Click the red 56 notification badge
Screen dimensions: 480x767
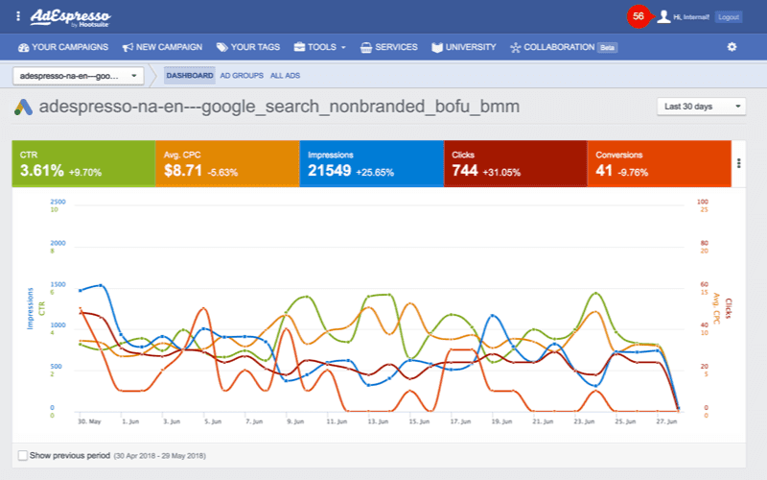639,16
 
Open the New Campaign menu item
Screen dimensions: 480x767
163,47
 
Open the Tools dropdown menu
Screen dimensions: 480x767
320,47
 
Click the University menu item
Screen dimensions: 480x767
463,47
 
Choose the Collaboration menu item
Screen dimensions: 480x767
553,47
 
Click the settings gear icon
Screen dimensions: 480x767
732,47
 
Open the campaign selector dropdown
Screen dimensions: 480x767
79,75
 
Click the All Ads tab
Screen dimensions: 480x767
286,75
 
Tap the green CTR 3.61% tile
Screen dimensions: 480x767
83,164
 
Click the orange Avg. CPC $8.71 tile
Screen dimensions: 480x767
226,164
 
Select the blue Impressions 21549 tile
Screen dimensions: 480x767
371,164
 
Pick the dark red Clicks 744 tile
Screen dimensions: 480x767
515,164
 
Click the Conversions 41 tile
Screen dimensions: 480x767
659,164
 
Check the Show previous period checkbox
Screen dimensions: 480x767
22,455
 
